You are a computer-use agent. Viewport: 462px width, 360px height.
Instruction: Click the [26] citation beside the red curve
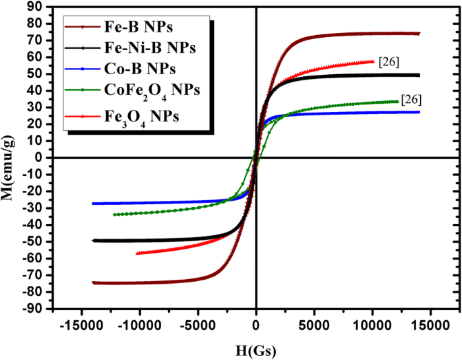[390, 62]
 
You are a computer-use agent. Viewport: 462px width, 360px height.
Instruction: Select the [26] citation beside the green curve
[411, 100]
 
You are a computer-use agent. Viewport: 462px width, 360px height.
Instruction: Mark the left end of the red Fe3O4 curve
[138, 253]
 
